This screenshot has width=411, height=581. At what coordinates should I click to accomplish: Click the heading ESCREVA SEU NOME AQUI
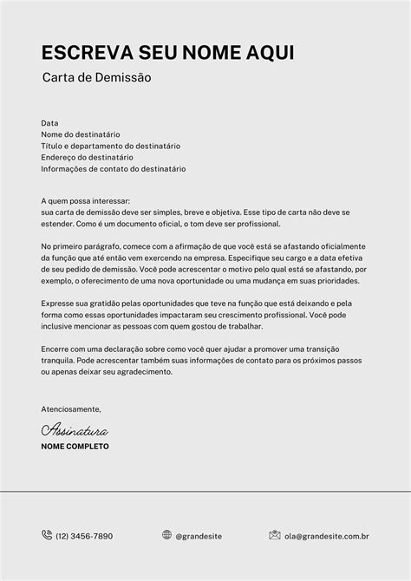click(x=168, y=53)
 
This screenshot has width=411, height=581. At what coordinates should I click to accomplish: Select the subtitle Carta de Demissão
click(x=96, y=78)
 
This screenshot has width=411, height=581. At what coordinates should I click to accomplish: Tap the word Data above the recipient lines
click(x=49, y=123)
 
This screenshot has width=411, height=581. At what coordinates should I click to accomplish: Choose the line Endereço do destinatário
click(x=87, y=157)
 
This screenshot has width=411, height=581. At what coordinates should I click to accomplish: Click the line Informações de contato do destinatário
click(x=113, y=168)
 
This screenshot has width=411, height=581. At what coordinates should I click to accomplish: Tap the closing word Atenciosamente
click(x=71, y=408)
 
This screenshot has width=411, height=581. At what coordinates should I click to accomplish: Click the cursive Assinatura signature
click(x=75, y=428)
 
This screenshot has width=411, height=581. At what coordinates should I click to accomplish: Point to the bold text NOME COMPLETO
click(x=75, y=446)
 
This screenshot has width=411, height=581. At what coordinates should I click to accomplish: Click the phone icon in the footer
click(x=47, y=535)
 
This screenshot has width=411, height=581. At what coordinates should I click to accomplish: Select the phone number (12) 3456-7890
click(x=84, y=536)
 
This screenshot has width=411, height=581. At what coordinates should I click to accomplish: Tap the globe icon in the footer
click(x=166, y=535)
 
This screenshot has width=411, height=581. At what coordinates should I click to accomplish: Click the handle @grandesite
click(x=199, y=536)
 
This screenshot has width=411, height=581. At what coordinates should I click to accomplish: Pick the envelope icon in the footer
click(x=275, y=535)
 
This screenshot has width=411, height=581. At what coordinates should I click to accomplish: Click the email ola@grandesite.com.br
click(x=328, y=536)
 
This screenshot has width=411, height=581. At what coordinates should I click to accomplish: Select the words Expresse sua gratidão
click(x=80, y=304)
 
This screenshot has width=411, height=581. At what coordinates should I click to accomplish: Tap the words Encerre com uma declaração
click(x=90, y=349)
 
